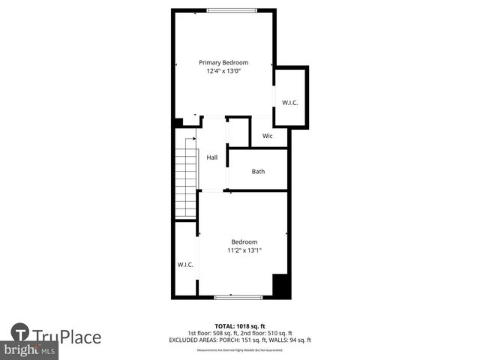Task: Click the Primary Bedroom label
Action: [x=223, y=62]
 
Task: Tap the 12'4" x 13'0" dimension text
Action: [x=223, y=71]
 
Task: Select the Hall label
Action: [x=212, y=157]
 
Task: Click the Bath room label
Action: [x=258, y=172]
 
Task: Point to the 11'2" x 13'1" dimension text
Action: [x=244, y=250]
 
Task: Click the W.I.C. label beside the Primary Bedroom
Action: [x=290, y=102]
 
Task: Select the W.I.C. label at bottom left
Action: [x=185, y=265]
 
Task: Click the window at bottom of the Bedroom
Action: [x=238, y=298]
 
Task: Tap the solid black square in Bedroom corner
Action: [x=280, y=286]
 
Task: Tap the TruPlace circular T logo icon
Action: [x=20, y=333]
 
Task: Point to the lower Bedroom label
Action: [x=244, y=241]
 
